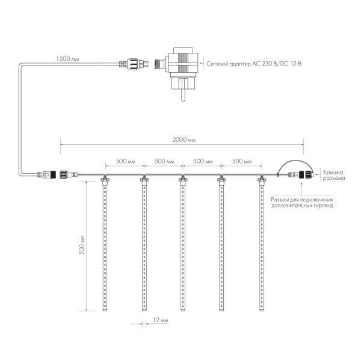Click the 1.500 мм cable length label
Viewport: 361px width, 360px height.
67,59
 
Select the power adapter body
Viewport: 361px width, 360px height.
184,63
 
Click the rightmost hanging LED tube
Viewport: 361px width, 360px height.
262,246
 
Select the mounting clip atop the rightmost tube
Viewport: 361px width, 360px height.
262,178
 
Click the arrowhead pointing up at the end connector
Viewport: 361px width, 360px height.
298,183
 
